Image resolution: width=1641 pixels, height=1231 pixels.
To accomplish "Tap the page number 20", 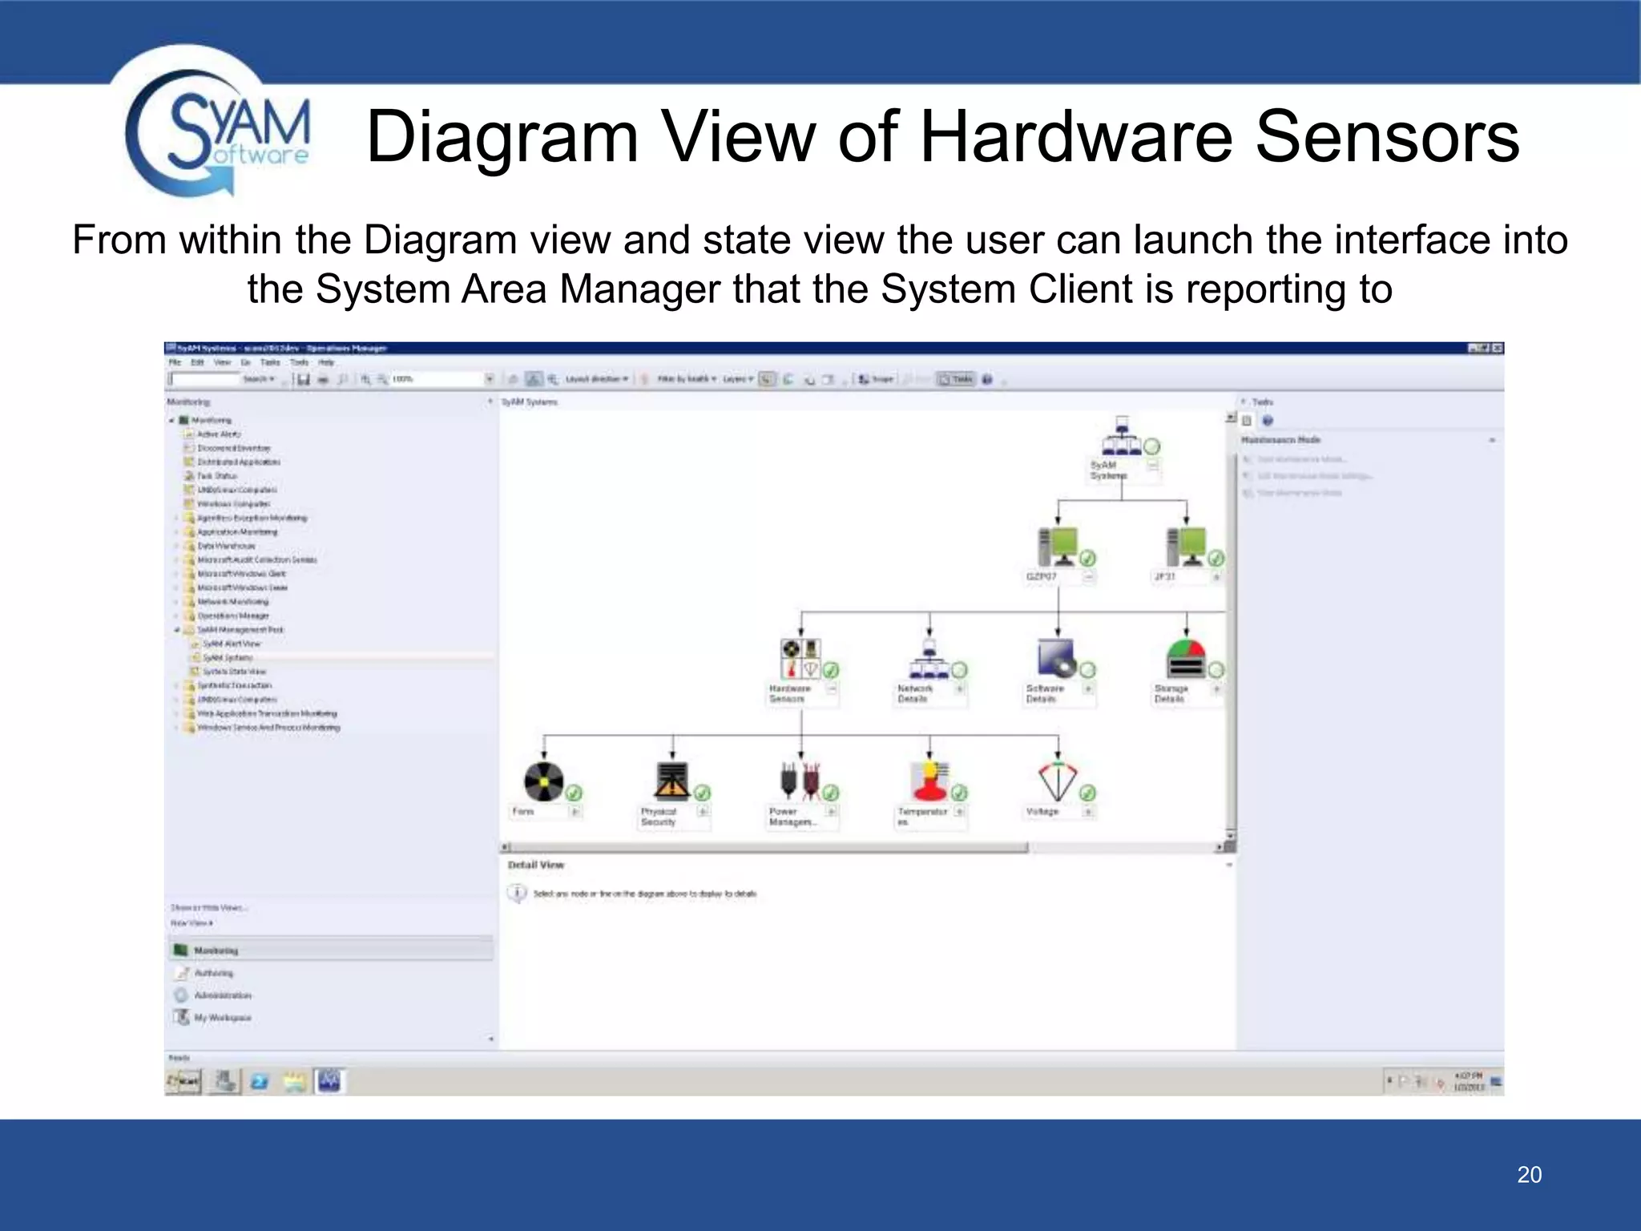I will [1529, 1175].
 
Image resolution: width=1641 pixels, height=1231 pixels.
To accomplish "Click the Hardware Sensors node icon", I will [800, 658].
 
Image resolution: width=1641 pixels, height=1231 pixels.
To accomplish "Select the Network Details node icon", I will [929, 659].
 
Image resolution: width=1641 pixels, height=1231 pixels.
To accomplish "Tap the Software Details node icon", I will [1057, 658].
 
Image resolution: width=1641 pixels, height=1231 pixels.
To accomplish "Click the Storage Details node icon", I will [1186, 659].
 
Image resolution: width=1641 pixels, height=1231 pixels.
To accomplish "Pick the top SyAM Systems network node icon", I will [1122, 436].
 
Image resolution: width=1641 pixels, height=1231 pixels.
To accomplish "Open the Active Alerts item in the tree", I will [218, 434].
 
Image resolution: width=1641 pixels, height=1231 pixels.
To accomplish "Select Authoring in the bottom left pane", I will [213, 973].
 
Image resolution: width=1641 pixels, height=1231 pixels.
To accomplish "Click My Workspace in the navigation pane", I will [222, 1018].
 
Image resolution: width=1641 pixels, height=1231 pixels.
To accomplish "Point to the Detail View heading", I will [536, 866].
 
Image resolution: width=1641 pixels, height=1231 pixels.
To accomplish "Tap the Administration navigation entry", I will [222, 995].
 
